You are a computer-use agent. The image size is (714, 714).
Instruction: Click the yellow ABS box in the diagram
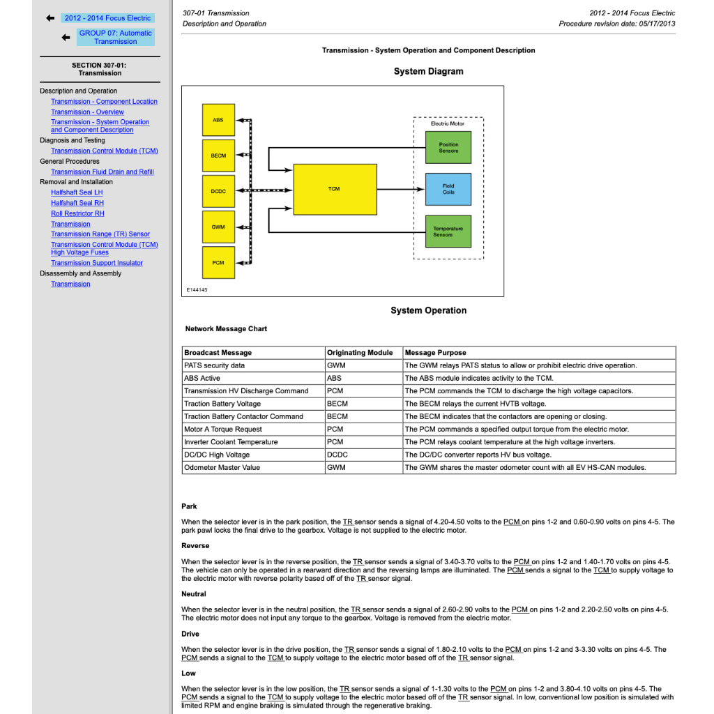coord(218,120)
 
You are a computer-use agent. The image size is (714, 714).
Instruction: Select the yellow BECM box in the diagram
coord(218,155)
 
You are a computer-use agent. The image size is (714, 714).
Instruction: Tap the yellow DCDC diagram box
coord(218,191)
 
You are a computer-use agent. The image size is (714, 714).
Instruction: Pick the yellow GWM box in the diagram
coord(218,227)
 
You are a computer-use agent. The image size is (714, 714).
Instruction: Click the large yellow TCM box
coord(335,189)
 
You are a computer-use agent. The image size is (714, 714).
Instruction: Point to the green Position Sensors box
coord(448,148)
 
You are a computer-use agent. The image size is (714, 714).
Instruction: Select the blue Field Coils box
coord(448,189)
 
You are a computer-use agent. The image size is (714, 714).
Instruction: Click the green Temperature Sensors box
coord(448,231)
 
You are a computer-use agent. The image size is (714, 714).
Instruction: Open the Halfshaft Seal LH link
coord(77,192)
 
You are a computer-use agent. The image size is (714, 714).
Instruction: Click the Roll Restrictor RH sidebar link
coord(77,213)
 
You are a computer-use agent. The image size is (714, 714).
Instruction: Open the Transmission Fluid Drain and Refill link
coord(102,172)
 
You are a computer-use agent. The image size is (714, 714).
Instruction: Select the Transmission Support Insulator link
coord(96,263)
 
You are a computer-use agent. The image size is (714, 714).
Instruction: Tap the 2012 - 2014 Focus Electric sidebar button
coord(107,18)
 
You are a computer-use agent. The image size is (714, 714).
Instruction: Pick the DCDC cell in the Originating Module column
coord(337,455)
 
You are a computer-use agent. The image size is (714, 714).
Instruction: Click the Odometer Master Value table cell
coord(222,467)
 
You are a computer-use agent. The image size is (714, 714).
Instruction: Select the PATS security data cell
coord(214,365)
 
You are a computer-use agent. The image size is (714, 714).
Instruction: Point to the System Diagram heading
coord(428,71)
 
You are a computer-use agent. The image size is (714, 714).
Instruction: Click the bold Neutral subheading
coord(194,594)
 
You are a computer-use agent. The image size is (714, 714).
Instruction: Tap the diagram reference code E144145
coord(197,290)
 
